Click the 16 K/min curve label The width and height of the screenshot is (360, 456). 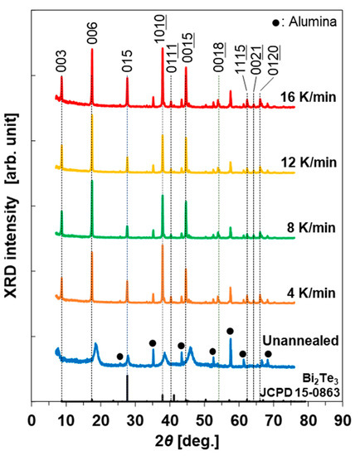click(x=307, y=94)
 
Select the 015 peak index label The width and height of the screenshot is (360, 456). click(x=127, y=65)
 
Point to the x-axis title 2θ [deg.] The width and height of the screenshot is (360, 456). click(x=186, y=440)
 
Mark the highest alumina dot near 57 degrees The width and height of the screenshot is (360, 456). click(x=230, y=331)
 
